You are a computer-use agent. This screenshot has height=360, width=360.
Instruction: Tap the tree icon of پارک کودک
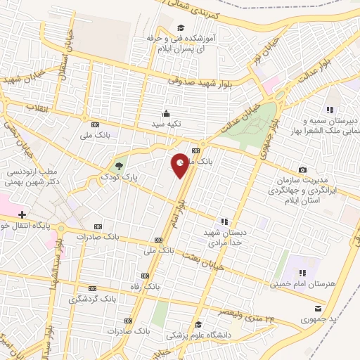pos(118,167)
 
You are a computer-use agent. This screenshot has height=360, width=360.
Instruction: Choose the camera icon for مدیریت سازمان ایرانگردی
pos(302,169)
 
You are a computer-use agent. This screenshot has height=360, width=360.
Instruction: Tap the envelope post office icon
pos(319,308)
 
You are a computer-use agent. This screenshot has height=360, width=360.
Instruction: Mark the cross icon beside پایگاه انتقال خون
pos(22,214)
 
